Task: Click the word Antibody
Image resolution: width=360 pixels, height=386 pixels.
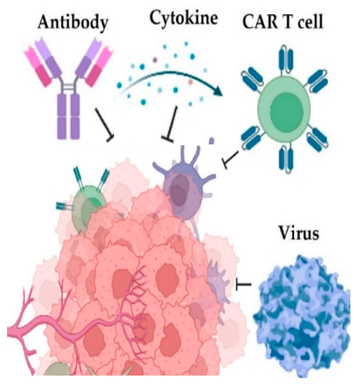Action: click(72, 22)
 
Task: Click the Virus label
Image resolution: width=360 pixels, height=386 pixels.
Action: click(298, 235)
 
